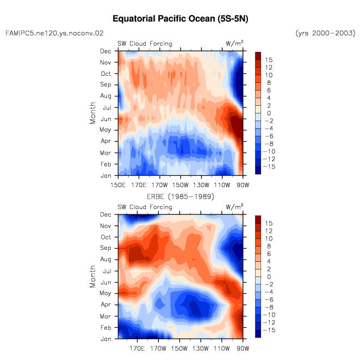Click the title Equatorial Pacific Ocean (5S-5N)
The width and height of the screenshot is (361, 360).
click(x=180, y=19)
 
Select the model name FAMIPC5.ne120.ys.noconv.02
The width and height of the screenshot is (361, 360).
click(x=54, y=33)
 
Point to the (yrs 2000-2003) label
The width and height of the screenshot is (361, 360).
click(x=326, y=33)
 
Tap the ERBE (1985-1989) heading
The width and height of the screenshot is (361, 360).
click(x=180, y=196)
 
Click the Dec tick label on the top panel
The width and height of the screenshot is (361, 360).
click(x=105, y=51)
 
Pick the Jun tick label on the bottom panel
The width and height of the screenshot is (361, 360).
click(x=106, y=283)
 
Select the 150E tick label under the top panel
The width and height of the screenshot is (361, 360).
click(x=118, y=185)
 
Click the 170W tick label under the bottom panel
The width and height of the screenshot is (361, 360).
click(x=158, y=349)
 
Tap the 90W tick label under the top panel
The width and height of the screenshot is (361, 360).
click(x=242, y=185)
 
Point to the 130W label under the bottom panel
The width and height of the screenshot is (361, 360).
click(x=200, y=349)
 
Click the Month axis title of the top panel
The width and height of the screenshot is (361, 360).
click(x=92, y=113)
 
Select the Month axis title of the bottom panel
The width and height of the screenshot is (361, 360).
click(x=92, y=277)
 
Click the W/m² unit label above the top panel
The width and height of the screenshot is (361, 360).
click(x=235, y=43)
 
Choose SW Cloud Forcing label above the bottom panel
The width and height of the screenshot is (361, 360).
click(x=145, y=207)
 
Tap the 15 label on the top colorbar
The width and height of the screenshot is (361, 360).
click(x=269, y=60)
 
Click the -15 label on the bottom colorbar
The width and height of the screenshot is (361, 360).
click(x=269, y=330)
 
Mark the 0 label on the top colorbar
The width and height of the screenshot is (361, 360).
click(x=269, y=113)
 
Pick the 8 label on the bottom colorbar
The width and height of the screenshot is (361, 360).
click(x=269, y=246)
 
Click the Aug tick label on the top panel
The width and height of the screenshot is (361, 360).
click(x=105, y=96)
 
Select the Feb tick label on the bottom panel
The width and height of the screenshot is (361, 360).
click(x=106, y=328)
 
